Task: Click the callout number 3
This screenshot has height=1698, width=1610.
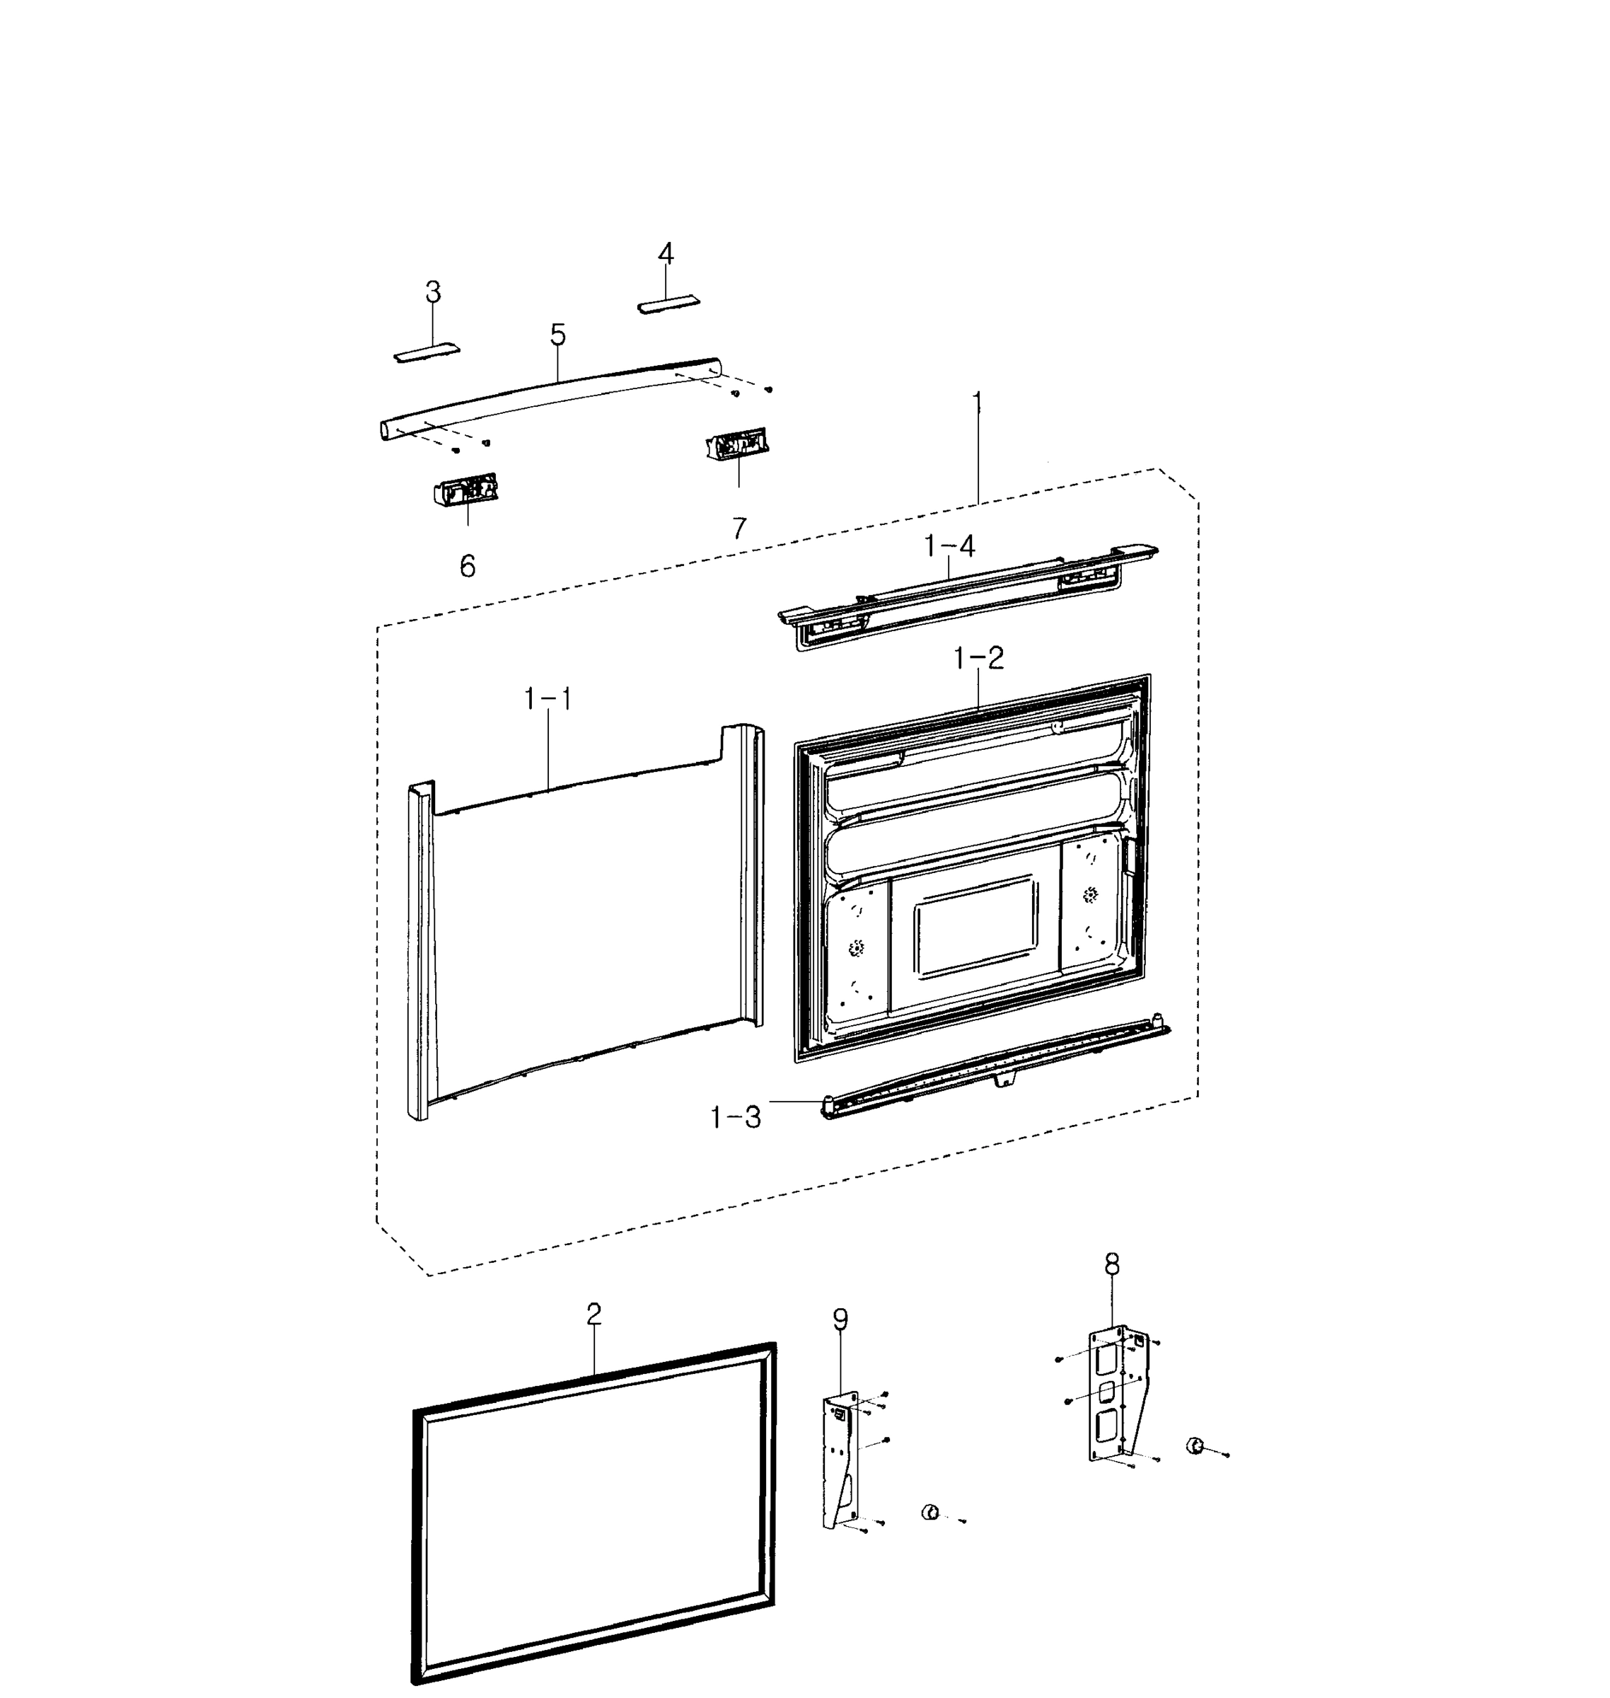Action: (434, 293)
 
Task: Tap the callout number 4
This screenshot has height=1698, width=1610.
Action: (666, 254)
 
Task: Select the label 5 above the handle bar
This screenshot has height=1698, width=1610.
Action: (558, 335)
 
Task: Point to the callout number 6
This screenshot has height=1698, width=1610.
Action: (468, 566)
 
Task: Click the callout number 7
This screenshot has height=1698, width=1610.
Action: (739, 528)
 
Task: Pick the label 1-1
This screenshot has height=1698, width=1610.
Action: (548, 699)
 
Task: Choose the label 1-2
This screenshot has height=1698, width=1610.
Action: (978, 659)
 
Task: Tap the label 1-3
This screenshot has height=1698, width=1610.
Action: (736, 1117)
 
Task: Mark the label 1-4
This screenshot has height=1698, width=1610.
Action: (949, 546)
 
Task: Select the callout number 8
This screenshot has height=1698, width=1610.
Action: (1111, 1264)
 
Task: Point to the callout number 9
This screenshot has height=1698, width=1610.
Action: (840, 1319)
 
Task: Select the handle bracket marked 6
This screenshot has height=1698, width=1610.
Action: (466, 491)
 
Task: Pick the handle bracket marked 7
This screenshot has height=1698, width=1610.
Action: (736, 446)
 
